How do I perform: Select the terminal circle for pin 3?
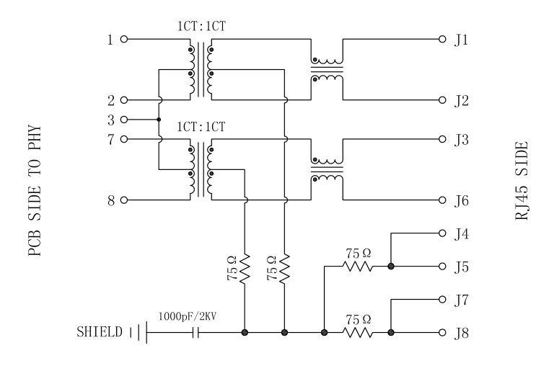(124, 120)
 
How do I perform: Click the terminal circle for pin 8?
(124, 200)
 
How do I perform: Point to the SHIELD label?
(100, 333)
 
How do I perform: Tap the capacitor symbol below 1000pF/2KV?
(195, 333)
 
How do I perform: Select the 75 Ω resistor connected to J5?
(358, 267)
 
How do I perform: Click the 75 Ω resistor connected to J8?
(358, 333)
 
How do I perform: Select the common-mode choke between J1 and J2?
(327, 70)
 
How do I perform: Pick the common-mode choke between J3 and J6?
(327, 169)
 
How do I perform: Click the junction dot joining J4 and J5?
(391, 267)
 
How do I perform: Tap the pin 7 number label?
(110, 139)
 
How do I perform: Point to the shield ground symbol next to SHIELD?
(137, 333)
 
